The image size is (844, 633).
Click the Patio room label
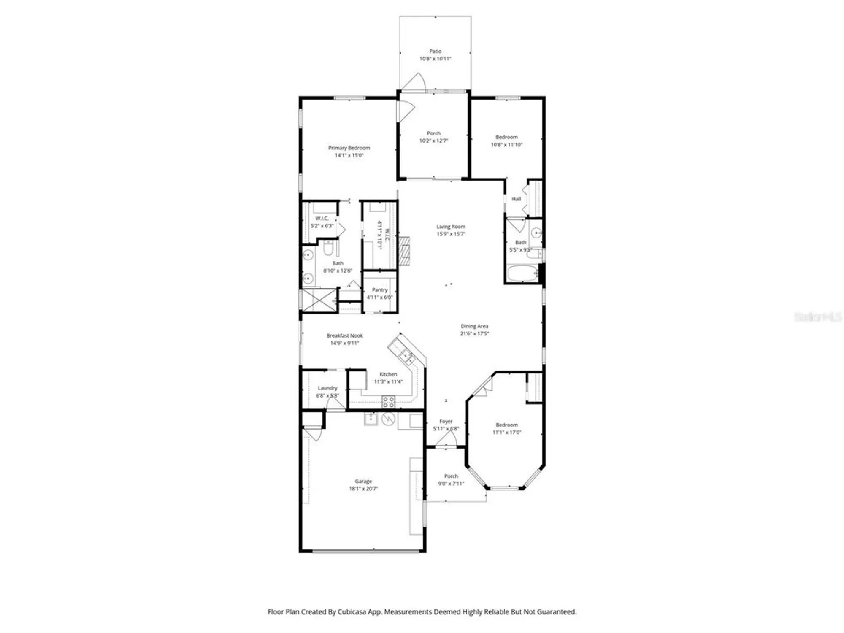[x=435, y=51]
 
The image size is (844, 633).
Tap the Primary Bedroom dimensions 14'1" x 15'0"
[x=349, y=155]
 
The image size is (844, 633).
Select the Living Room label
[x=451, y=227]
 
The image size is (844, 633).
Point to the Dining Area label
[x=474, y=326]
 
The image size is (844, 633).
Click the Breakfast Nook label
[x=344, y=336]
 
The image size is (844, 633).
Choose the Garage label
[x=363, y=481]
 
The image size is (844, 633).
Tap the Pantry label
[x=380, y=290]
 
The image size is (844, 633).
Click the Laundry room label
[x=327, y=388]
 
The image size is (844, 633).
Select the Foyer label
[x=446, y=421]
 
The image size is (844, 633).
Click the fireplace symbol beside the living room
[x=405, y=251]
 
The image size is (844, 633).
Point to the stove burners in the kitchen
[x=389, y=402]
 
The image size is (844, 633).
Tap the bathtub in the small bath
[x=522, y=273]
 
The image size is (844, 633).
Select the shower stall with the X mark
[x=319, y=300]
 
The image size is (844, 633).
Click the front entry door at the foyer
[x=446, y=441]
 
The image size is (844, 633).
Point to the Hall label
[x=516, y=199]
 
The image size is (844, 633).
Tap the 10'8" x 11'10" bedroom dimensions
[x=506, y=145]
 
